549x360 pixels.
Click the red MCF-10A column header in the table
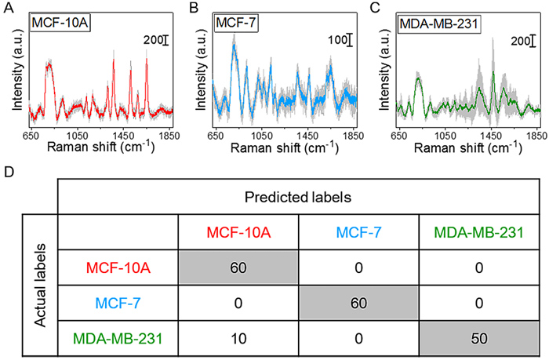[237, 232]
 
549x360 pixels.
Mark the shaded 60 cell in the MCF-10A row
[237, 267]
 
